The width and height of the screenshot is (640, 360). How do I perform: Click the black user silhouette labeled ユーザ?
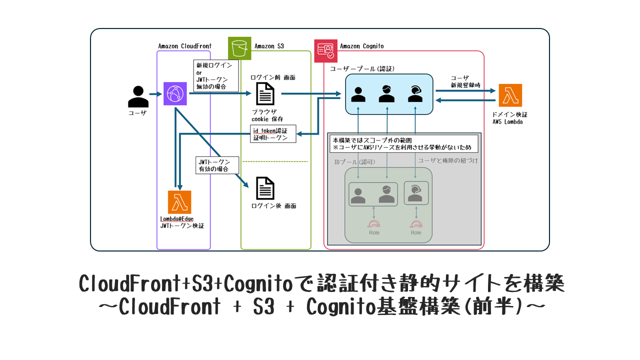click(138, 96)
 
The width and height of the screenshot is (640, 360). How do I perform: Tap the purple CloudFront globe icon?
click(175, 94)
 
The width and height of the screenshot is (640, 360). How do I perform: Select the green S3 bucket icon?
click(239, 48)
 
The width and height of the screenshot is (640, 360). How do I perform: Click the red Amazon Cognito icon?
click(326, 50)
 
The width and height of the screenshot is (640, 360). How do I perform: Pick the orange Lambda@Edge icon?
click(179, 202)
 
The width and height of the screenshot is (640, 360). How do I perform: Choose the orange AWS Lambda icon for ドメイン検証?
click(510, 95)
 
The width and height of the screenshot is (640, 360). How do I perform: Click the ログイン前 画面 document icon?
click(265, 93)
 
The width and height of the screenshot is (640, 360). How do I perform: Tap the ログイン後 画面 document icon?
click(265, 188)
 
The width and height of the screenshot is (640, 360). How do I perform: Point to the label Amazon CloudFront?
click(184, 46)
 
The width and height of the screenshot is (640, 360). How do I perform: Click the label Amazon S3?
click(269, 46)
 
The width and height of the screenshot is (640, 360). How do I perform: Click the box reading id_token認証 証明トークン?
click(272, 134)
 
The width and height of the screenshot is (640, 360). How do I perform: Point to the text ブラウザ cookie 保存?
click(267, 115)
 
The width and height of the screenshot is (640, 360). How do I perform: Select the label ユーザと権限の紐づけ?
click(447, 160)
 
